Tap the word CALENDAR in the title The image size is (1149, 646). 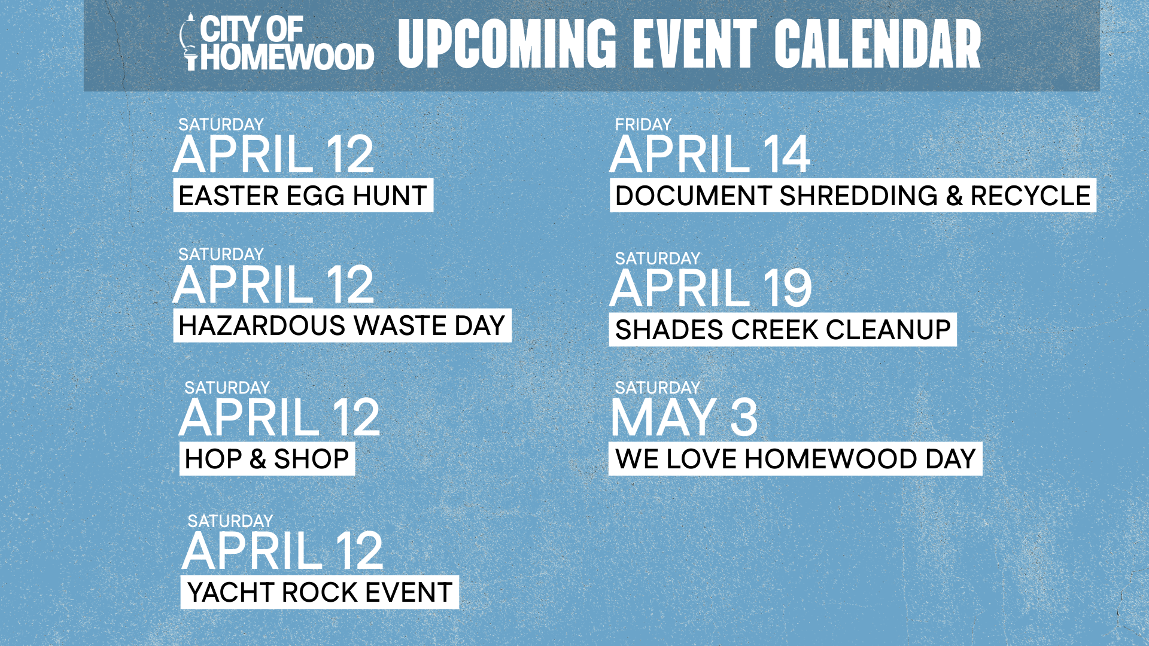point(878,44)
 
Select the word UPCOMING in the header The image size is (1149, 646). point(507,44)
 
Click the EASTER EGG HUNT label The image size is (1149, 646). point(303,196)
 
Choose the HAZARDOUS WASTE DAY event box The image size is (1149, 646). point(342,325)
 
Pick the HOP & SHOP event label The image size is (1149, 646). point(267,459)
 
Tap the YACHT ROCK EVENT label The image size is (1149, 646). point(320,592)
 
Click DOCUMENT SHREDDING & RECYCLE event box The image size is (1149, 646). point(853,196)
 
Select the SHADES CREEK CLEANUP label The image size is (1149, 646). point(783,330)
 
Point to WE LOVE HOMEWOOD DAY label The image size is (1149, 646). point(795,459)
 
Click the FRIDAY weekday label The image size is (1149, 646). point(643,124)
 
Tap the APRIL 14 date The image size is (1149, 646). point(710,154)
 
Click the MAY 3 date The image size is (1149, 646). point(685,417)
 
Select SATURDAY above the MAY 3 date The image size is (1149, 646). point(658,388)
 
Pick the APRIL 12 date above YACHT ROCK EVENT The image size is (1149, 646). point(282,550)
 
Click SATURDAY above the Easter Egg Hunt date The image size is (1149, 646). point(221,124)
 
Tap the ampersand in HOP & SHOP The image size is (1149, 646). point(258,459)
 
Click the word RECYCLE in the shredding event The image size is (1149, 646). point(1031,196)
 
